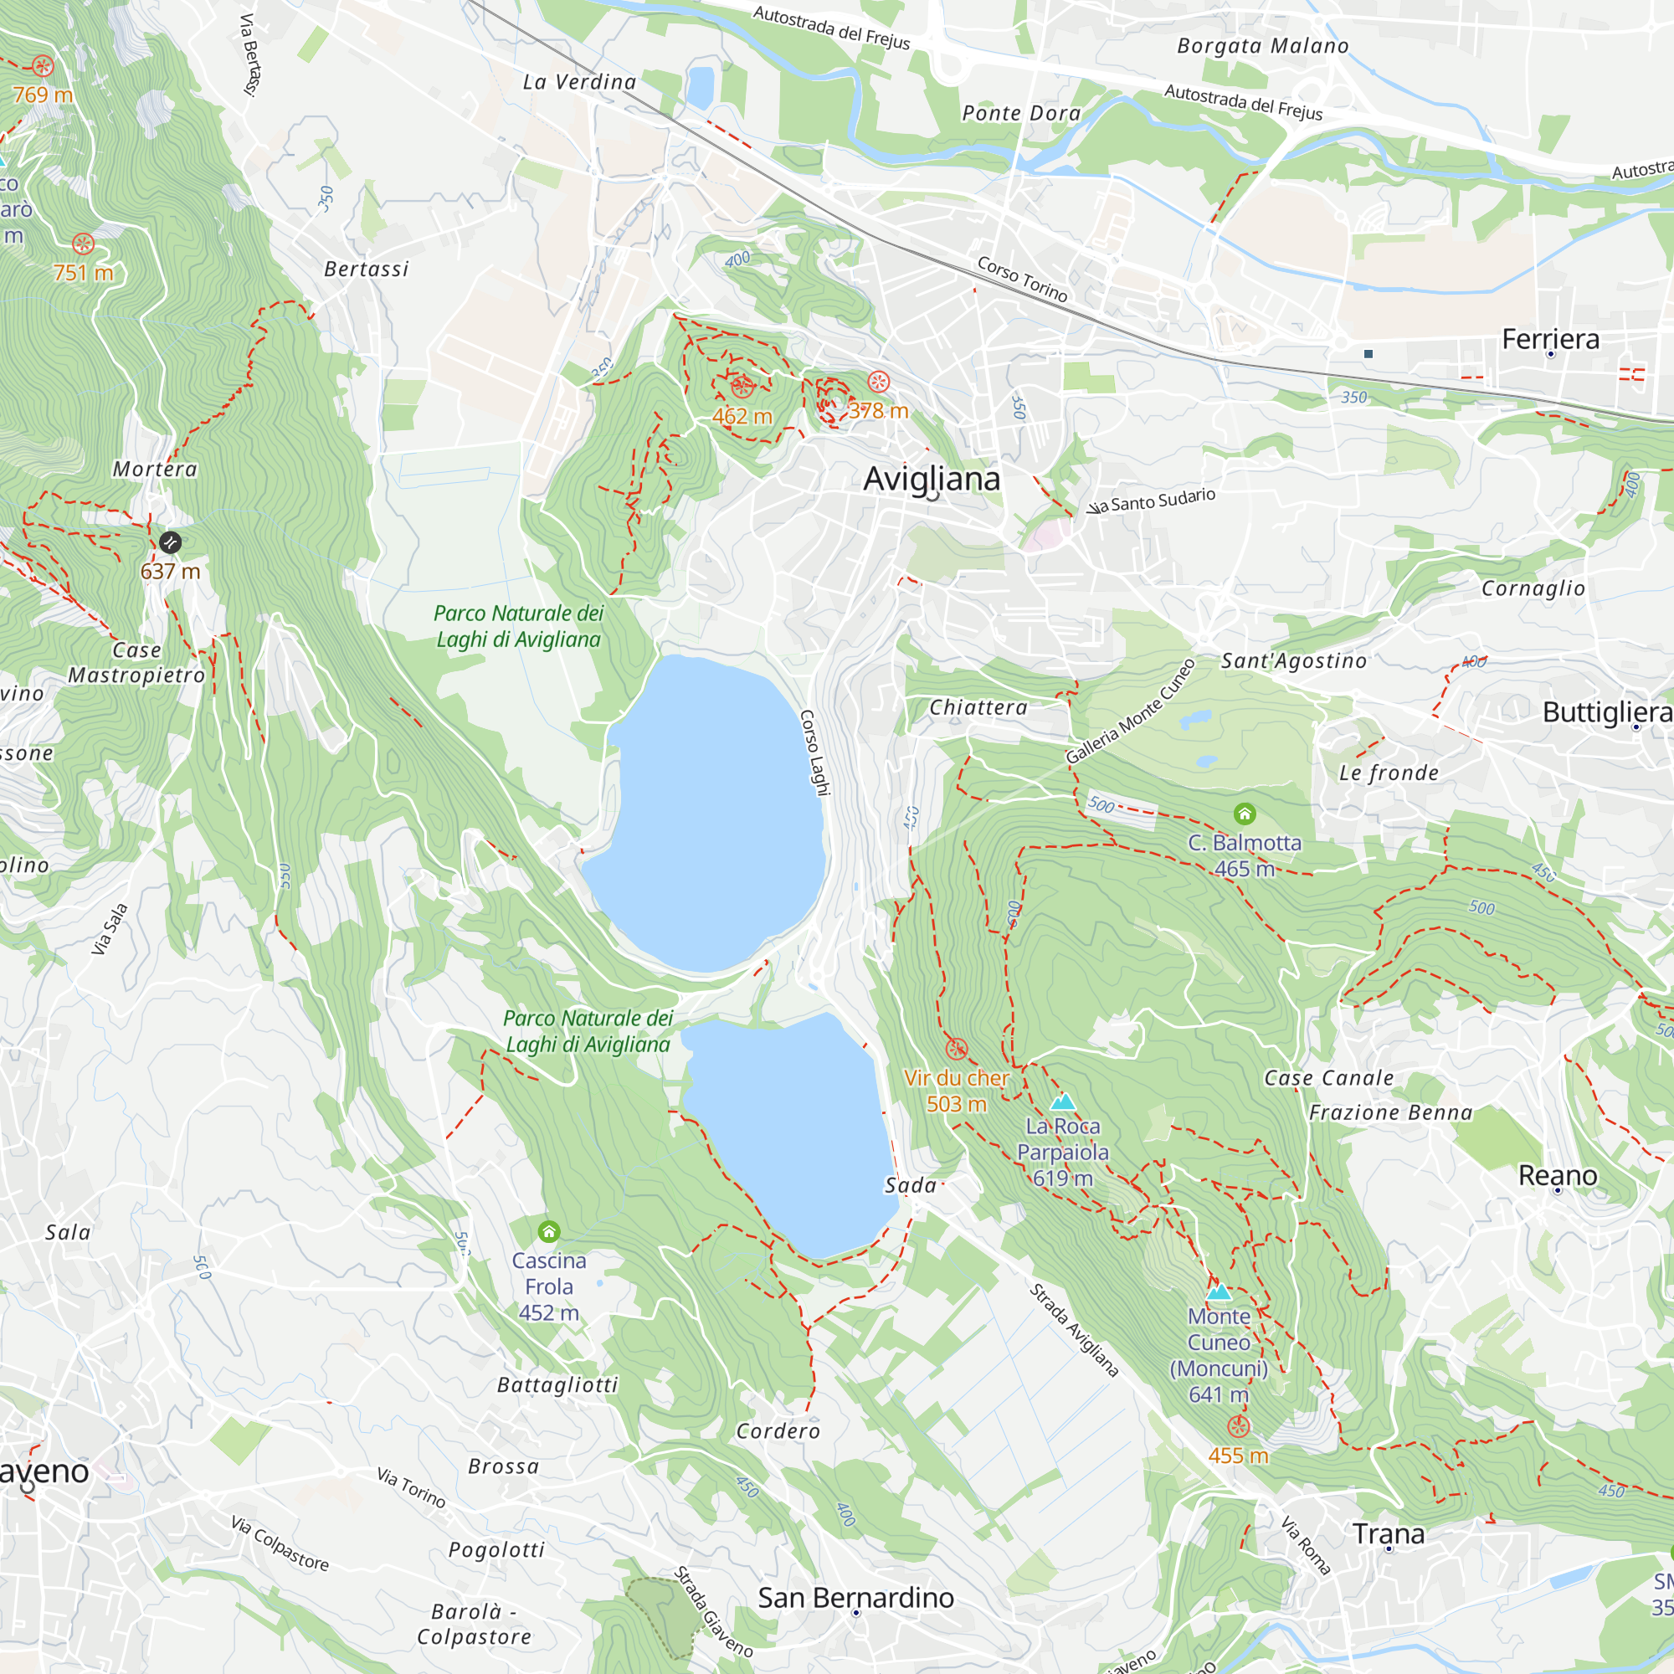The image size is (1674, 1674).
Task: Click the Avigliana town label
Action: [x=932, y=479]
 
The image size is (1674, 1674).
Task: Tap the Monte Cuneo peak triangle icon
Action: [x=1220, y=1291]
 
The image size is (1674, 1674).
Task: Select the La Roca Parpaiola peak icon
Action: [x=1062, y=1102]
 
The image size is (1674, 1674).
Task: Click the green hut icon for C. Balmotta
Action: [x=1245, y=814]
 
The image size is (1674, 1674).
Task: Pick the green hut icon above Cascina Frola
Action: [x=548, y=1231]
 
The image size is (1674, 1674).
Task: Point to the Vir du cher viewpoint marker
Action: [x=956, y=1050]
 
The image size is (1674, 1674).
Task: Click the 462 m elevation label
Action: [x=742, y=417]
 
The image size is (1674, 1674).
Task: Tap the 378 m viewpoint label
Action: [x=878, y=411]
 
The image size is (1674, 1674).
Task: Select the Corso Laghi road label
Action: [x=814, y=752]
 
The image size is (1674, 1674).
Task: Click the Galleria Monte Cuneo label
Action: [x=1130, y=712]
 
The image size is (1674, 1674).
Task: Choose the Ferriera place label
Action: [x=1550, y=339]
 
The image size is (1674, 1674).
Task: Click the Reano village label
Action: [x=1557, y=1176]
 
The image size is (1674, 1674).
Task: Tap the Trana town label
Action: [x=1388, y=1534]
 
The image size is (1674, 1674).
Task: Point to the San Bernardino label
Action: [x=855, y=1598]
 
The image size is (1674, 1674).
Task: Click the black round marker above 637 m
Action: [x=171, y=542]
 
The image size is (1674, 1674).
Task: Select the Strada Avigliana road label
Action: [x=1074, y=1330]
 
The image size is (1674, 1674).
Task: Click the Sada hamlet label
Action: [x=910, y=1185]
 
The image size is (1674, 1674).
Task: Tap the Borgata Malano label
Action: [x=1262, y=46]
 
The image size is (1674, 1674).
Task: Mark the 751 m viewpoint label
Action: [x=83, y=273]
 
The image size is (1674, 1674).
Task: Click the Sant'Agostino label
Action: [x=1294, y=661]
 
